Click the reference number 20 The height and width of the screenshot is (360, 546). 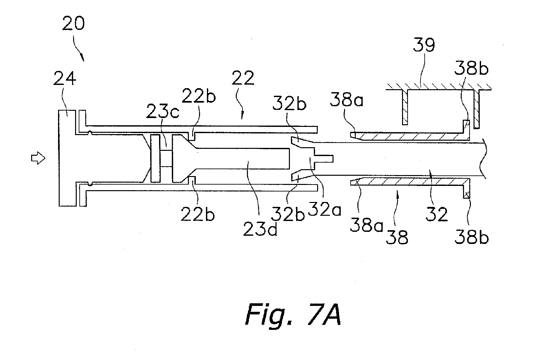[x=73, y=23]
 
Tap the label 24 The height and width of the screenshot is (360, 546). [x=65, y=78]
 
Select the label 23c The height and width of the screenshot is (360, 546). [x=163, y=111]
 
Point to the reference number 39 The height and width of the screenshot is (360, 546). [x=424, y=45]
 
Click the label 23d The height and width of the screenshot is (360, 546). [x=260, y=230]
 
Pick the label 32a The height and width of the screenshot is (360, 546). [x=324, y=209]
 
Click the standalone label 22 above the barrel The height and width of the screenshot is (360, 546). [x=243, y=78]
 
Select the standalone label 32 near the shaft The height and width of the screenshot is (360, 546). [x=437, y=214]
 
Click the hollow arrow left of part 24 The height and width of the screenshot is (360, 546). [x=38, y=158]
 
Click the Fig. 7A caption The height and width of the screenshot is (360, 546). [x=293, y=314]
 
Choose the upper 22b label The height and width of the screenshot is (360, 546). [x=199, y=96]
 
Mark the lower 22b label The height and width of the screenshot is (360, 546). [x=197, y=214]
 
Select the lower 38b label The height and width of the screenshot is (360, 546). [x=472, y=237]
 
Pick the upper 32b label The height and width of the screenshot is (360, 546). [x=289, y=104]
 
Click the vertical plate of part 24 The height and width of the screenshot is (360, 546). [x=67, y=158]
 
